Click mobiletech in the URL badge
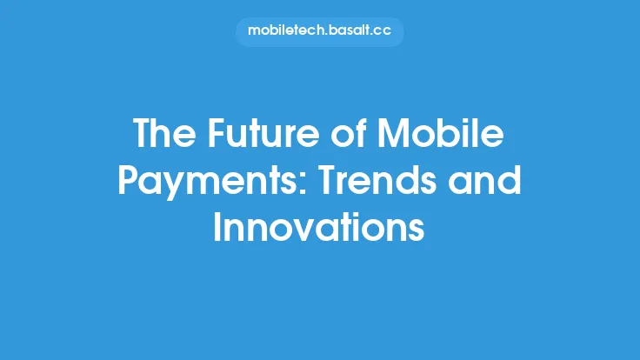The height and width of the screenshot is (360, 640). pyautogui.click(x=285, y=31)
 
